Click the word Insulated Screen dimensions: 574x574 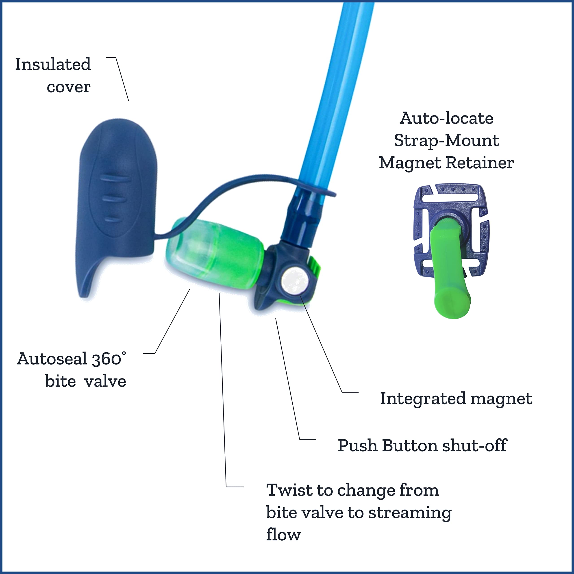(53, 65)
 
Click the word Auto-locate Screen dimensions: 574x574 (447, 118)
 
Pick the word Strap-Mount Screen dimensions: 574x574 (447, 141)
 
